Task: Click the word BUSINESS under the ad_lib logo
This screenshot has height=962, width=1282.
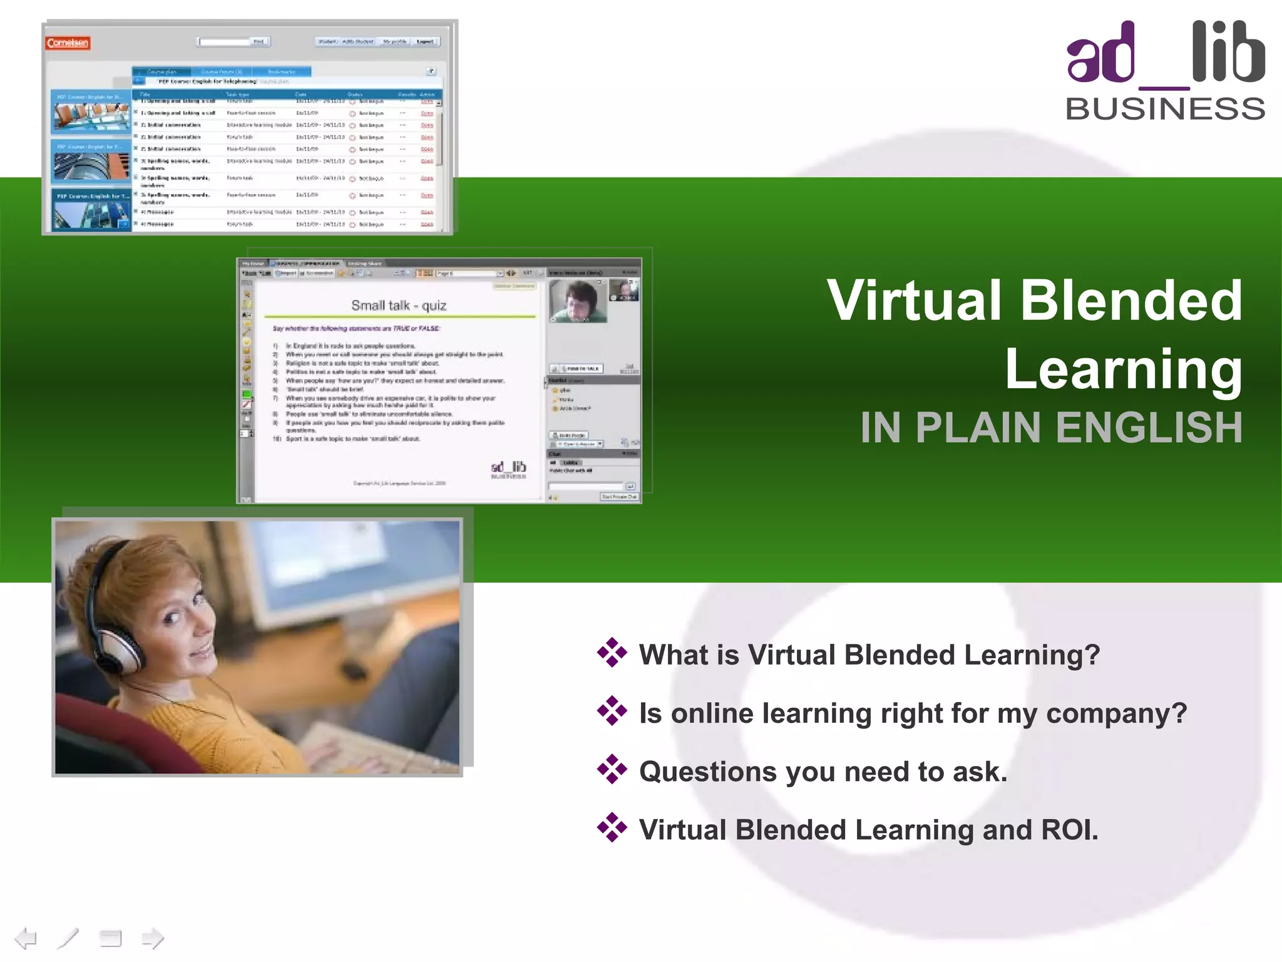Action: (x=1165, y=109)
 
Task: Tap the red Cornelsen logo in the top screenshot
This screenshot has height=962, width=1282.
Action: (x=68, y=43)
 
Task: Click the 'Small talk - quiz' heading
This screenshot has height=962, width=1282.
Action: (x=399, y=306)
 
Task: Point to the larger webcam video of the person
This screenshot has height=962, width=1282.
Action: (x=577, y=301)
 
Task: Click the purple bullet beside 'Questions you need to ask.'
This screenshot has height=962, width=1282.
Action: (x=612, y=770)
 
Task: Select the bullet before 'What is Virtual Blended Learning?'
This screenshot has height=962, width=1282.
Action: (x=612, y=653)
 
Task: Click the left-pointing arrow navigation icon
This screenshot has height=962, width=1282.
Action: (x=26, y=938)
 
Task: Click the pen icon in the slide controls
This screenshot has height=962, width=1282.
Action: (x=68, y=938)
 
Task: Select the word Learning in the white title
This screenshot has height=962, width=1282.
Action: (x=1123, y=370)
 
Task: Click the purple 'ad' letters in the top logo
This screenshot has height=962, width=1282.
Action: (x=1100, y=56)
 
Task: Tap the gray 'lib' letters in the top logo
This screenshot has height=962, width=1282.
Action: (x=1228, y=53)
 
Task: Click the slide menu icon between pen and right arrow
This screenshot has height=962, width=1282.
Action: (x=110, y=938)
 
